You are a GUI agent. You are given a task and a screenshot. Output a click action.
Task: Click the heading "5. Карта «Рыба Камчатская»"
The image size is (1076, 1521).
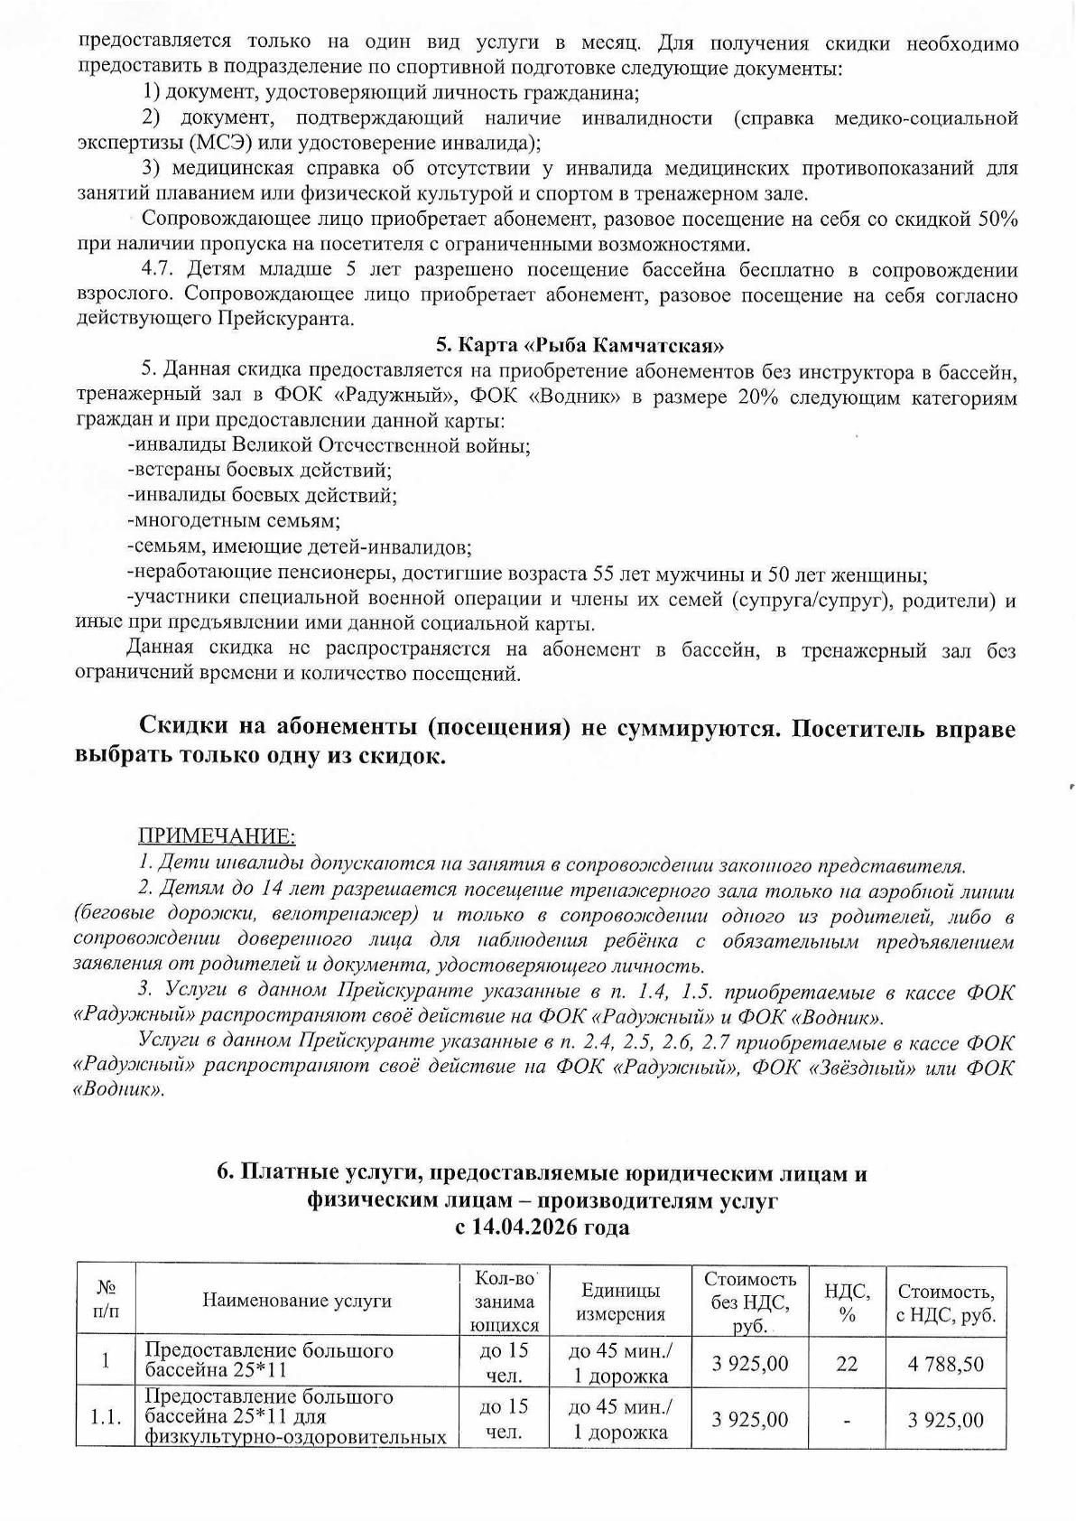click(581, 344)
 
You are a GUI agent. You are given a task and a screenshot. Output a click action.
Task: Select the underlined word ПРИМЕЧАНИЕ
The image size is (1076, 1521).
click(216, 835)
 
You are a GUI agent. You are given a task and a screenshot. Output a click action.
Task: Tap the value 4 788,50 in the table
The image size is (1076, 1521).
click(946, 1363)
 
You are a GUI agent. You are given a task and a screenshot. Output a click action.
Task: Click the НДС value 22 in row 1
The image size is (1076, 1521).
click(847, 1363)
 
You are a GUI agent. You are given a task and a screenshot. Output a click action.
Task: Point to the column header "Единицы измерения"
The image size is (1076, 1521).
click(621, 1302)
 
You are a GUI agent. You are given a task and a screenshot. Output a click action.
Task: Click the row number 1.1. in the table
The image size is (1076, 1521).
click(106, 1419)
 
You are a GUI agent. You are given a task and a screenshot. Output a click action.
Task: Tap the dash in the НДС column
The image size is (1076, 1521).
click(847, 1421)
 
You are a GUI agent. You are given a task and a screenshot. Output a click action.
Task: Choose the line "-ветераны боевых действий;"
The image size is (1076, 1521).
click(261, 470)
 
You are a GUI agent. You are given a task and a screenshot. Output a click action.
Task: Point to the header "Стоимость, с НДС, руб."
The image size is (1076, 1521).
click(946, 1302)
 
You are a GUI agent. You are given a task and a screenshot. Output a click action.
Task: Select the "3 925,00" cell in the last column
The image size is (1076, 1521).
click(946, 1421)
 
